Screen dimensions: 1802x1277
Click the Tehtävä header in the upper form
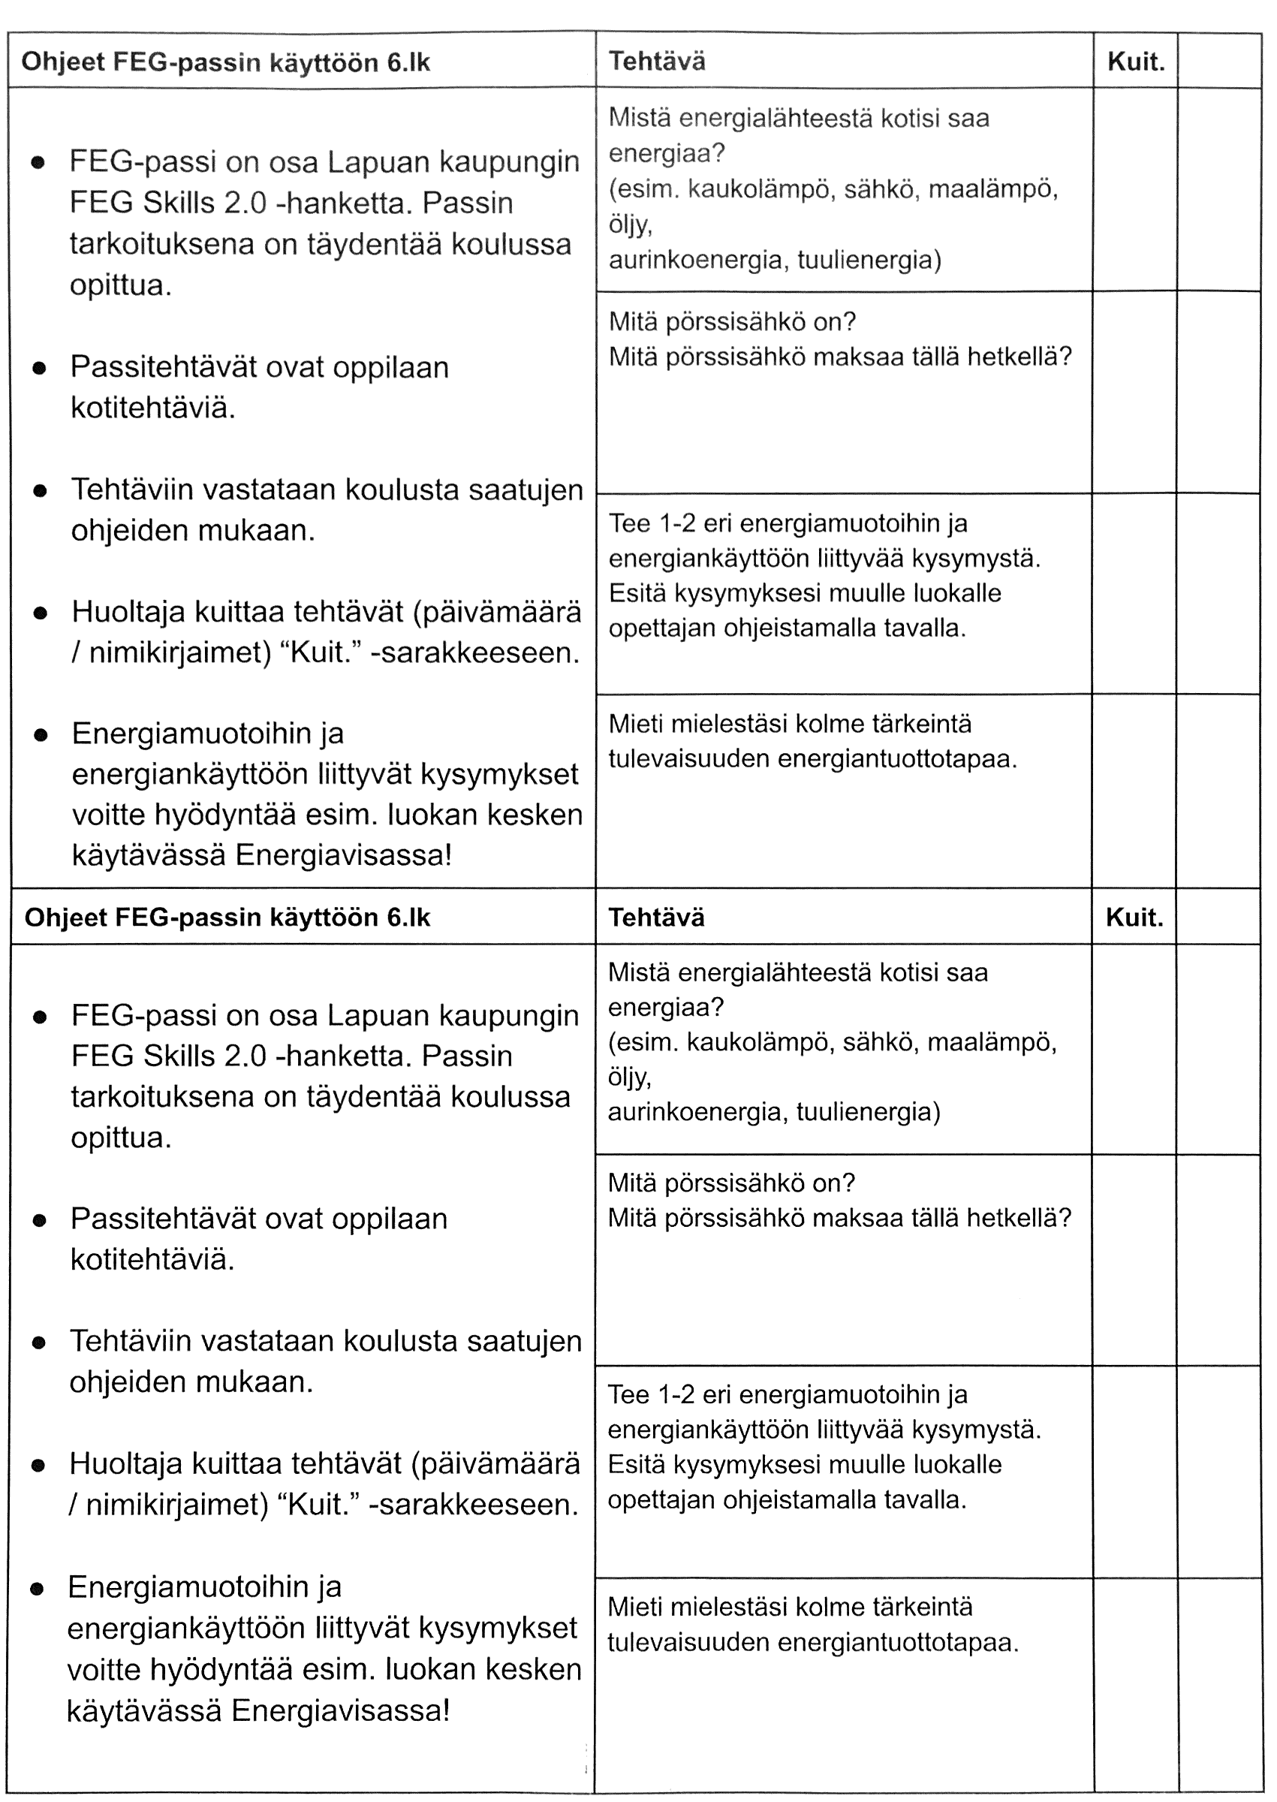pos(657,62)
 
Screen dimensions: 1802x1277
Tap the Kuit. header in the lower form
pos(1134,918)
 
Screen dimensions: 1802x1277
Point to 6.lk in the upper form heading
pos(408,63)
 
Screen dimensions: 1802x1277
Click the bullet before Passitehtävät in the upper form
pos(39,369)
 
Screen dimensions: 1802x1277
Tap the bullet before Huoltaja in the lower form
pos(38,1466)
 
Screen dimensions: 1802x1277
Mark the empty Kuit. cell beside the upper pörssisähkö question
pos(1134,391)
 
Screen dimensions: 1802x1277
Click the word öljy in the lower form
pos(629,1077)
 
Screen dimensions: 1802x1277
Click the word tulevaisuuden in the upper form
pos(688,758)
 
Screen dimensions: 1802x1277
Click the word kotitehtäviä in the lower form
pos(152,1259)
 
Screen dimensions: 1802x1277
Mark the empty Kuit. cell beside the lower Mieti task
pos(1134,1683)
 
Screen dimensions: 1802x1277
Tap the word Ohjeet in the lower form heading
pos(65,918)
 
